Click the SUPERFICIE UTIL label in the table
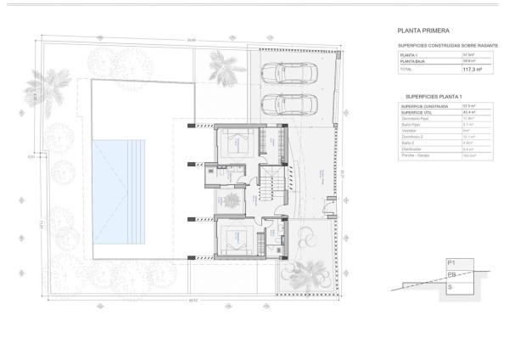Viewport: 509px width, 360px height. click(x=417, y=112)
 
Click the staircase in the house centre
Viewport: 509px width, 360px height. click(x=271, y=183)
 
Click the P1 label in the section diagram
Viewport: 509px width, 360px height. click(x=451, y=264)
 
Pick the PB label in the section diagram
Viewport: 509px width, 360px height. click(x=452, y=276)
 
